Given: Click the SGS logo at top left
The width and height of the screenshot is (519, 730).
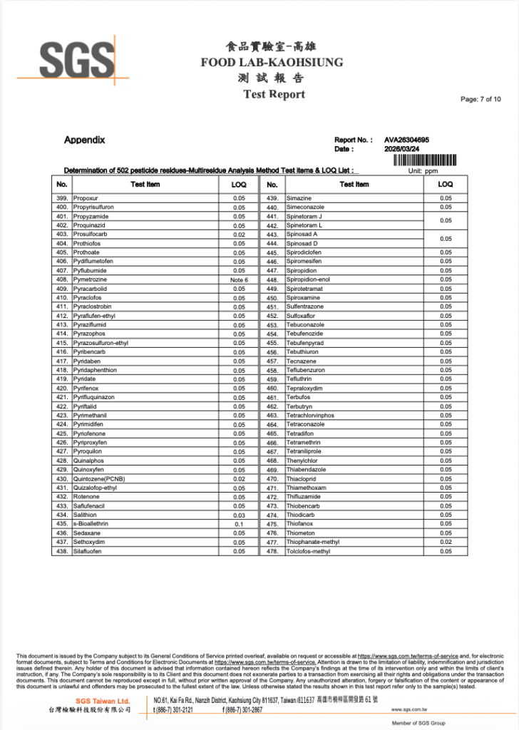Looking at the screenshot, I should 66,59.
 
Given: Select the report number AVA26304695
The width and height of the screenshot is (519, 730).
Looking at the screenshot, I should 406,140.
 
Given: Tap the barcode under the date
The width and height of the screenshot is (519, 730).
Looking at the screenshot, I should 424,160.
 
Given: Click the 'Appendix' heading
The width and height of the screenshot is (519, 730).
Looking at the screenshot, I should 84,140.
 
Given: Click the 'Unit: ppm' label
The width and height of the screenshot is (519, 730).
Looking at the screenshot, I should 423,171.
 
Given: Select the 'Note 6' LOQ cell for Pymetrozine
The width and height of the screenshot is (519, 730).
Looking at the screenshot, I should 239,280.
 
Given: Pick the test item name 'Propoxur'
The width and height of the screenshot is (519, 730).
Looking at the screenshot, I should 86,198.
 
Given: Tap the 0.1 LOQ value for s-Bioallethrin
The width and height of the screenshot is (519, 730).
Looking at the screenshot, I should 239,524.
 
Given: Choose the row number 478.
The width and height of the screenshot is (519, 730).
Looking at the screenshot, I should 272,551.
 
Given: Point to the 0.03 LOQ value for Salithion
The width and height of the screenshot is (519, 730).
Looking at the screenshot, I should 239,515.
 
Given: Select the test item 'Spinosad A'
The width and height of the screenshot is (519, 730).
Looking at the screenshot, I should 302,234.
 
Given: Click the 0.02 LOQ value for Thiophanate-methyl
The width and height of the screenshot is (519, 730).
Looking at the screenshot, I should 446,543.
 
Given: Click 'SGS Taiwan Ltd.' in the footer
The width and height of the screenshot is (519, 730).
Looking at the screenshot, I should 103,701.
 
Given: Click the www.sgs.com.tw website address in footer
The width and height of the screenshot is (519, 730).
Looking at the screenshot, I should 409,710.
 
